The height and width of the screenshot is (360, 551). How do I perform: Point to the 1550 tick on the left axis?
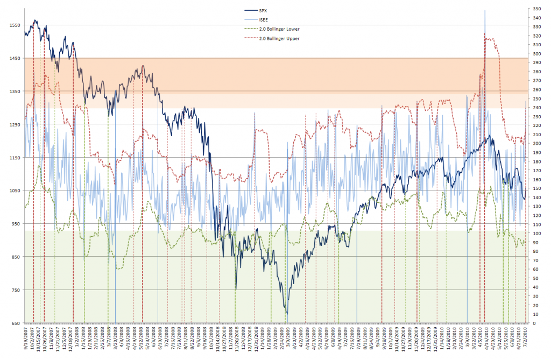[x=12, y=25]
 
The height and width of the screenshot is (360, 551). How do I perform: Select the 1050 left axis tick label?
[x=12, y=191]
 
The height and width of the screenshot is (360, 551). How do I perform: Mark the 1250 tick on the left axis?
[x=12, y=125]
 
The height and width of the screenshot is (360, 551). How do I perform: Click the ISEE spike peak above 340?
[x=485, y=10]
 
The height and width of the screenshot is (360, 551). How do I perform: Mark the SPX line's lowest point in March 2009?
[x=287, y=313]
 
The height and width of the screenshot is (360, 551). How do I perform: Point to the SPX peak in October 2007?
[x=35, y=20]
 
